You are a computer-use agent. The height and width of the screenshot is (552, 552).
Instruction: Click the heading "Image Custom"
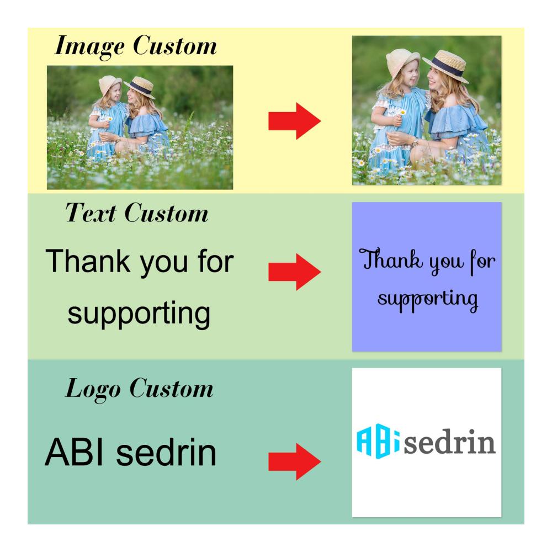coord(136,46)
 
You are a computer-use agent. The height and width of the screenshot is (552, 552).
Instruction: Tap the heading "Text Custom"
coord(137,213)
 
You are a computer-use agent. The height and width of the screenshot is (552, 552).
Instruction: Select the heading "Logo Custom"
coord(140,389)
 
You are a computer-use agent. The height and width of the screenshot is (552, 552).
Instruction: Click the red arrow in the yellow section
coord(295,121)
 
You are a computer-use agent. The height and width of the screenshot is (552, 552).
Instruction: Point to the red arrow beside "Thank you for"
coord(295,272)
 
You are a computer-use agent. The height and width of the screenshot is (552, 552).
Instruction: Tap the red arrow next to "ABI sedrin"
coord(295,461)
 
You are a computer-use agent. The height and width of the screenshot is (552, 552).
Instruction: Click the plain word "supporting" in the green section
coord(139,314)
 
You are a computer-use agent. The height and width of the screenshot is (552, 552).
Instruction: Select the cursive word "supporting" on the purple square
coord(428,300)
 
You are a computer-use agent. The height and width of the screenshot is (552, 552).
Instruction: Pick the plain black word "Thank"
coord(88,261)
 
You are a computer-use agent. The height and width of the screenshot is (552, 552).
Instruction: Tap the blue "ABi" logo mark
coord(378,441)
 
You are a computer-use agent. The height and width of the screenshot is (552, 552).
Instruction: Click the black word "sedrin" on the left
coord(166,452)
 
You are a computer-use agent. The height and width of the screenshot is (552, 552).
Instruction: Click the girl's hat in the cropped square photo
coord(402,61)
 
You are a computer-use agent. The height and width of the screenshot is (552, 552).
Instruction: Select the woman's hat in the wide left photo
coord(140,87)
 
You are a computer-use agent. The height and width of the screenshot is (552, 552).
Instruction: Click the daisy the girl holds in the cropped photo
coord(403,112)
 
